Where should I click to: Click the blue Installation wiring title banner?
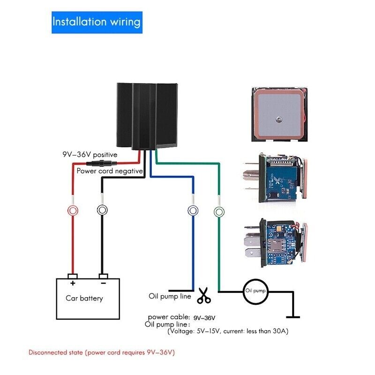[x=96, y=22]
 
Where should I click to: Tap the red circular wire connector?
[x=72, y=210]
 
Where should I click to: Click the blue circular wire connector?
[x=191, y=210]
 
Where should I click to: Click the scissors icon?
[x=204, y=295]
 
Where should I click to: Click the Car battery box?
[x=88, y=298]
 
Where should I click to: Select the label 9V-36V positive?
[x=90, y=154]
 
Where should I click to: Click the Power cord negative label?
[x=109, y=171]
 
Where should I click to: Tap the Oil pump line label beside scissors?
[x=170, y=296]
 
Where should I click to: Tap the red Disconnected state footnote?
[x=102, y=352]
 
